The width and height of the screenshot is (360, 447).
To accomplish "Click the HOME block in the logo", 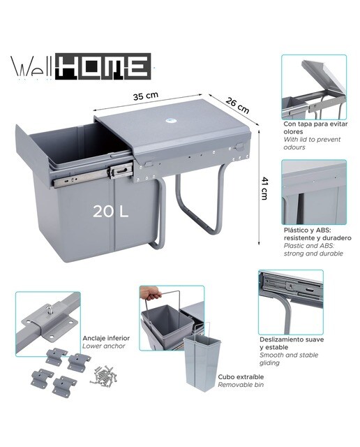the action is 103,66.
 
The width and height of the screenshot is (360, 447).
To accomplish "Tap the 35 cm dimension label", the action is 146,96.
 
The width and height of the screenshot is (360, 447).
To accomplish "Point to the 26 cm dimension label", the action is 237,105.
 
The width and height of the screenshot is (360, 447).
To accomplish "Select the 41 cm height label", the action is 264,189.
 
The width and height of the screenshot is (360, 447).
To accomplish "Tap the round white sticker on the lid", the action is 170,121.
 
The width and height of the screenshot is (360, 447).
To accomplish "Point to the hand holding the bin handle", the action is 150,293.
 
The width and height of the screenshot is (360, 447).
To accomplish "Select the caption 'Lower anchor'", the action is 104,346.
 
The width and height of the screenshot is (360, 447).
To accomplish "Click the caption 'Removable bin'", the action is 241,385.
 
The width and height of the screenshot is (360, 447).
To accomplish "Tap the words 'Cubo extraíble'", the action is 241,377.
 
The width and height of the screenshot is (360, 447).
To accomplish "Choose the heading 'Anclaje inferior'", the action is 106,338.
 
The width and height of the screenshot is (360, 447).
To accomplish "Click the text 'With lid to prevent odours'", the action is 312,143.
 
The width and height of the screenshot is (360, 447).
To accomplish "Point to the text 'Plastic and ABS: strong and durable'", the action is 313,250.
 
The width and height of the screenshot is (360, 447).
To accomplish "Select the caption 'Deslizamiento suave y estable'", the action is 292,344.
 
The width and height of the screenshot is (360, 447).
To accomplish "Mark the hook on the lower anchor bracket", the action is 48,309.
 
